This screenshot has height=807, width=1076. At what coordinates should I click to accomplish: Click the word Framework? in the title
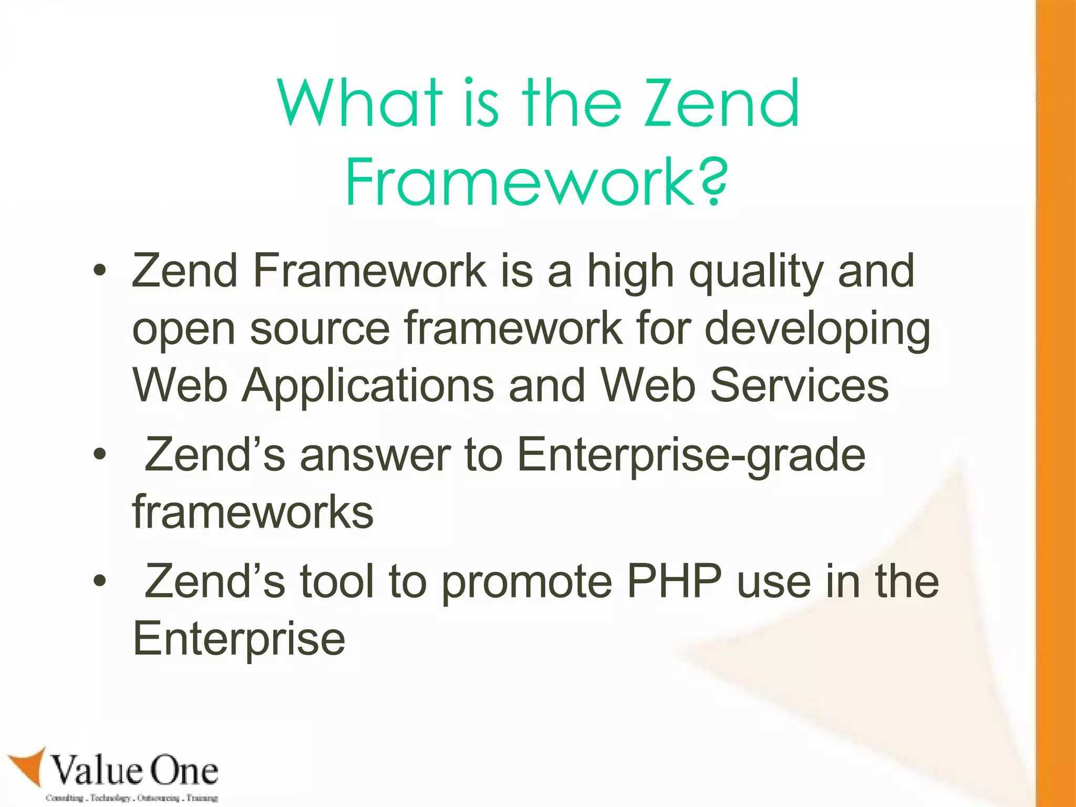tap(536, 182)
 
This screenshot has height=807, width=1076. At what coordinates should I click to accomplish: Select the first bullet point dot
tap(100, 272)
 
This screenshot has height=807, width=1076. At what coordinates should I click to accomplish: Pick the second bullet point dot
tap(100, 455)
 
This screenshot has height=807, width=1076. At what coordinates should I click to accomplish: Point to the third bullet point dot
tap(100, 582)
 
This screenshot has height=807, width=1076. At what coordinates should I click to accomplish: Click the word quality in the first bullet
tap(756, 272)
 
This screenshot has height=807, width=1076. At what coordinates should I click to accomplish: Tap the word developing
tap(817, 329)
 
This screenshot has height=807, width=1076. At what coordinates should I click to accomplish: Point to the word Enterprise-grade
tap(691, 455)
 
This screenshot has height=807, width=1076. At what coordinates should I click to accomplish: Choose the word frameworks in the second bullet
tap(253, 512)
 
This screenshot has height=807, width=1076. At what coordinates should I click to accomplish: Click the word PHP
tap(675, 582)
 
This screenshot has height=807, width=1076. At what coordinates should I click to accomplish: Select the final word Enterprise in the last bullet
tap(239, 640)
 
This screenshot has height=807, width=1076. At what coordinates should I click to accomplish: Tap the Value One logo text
tap(134, 770)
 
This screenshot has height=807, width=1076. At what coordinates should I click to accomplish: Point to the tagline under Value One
tap(131, 798)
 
